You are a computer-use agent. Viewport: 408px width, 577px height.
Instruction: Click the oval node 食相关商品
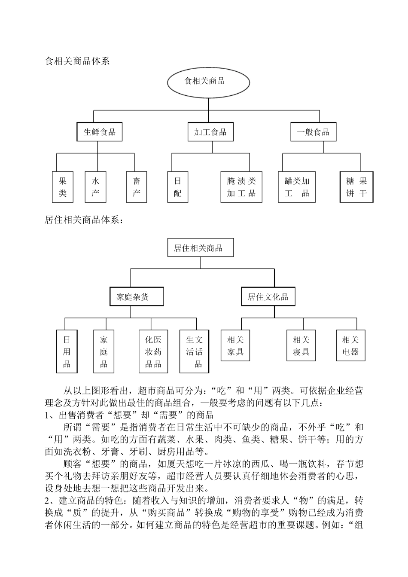[x=208, y=82]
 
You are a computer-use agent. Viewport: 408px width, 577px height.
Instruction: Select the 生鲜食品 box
[x=100, y=132]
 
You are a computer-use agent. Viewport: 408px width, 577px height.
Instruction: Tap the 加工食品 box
[x=210, y=132]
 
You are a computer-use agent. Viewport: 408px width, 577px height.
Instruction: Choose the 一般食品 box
[x=313, y=132]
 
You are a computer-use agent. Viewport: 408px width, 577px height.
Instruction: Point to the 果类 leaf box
[x=63, y=187]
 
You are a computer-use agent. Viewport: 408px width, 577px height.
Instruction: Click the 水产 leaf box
[x=95, y=187]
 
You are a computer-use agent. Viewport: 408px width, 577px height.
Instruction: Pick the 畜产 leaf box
[x=137, y=187]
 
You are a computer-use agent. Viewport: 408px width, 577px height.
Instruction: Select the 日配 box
[x=178, y=187]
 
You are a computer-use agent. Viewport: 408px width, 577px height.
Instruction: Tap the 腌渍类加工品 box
[x=241, y=187]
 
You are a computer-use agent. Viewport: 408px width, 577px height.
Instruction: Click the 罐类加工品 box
[x=297, y=187]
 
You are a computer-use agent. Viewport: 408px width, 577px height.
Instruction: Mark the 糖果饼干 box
[x=356, y=187]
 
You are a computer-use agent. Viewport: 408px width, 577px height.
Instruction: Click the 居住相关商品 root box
[x=201, y=248]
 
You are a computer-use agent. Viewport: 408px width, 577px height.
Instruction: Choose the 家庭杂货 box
[x=136, y=296]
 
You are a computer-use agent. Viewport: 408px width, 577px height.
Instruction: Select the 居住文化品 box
[x=268, y=296]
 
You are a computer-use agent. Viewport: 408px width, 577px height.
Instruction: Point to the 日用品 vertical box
[x=67, y=352]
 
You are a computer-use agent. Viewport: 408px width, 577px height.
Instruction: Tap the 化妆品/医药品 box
[x=153, y=352]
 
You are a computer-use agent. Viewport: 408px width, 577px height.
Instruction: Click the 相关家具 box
[x=235, y=346]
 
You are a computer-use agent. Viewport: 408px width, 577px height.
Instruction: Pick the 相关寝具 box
[x=301, y=346]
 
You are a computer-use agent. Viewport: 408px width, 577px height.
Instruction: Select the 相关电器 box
[x=350, y=346]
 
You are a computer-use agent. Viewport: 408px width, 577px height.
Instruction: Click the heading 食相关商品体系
[x=77, y=61]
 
